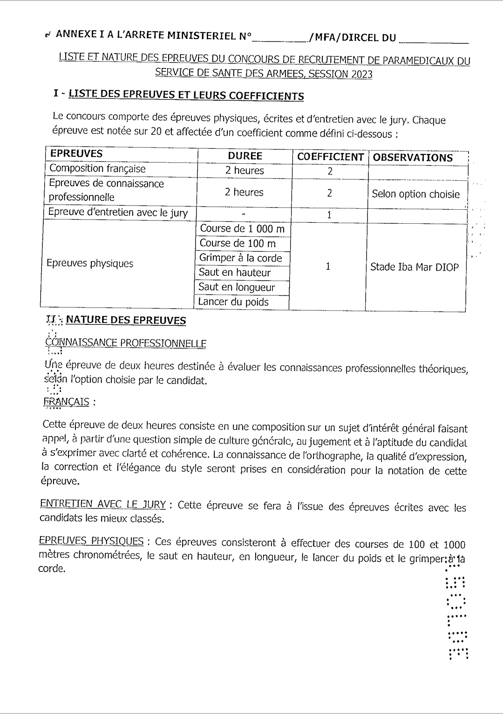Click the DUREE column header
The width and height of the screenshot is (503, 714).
pos(245,156)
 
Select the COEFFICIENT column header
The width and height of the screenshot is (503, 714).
pos(330,157)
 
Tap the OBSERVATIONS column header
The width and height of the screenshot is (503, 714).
pos(413,158)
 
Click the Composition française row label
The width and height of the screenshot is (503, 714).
pos(97,169)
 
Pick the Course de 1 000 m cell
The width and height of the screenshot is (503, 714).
pos(242,229)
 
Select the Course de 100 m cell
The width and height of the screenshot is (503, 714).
pos(238,243)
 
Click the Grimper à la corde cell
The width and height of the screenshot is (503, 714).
pos(240,258)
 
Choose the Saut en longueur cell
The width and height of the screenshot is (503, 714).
pos(237,287)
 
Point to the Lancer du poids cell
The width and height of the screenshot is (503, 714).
pos(233,302)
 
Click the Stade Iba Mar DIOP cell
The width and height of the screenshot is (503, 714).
pos(414,267)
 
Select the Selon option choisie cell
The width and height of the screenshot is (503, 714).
pos(415,194)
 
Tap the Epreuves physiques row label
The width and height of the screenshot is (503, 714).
pos(90,263)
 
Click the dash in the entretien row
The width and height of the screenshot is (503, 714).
pos(244,214)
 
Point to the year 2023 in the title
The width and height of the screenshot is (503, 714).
pos(361,74)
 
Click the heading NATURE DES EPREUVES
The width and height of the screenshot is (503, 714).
pos(126,320)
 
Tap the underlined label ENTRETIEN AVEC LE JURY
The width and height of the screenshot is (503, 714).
pos(103,504)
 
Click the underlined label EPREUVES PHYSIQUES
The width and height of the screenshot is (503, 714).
pos(91,541)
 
